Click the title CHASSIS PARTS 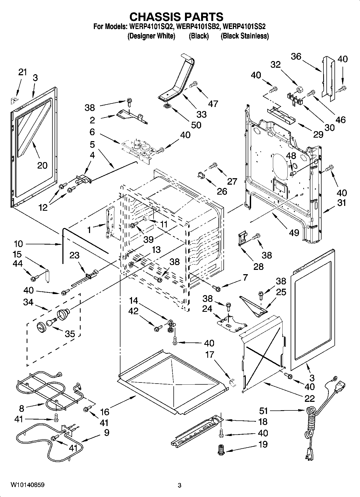176,17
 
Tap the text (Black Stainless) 244,36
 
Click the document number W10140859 28,485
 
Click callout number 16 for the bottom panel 105,412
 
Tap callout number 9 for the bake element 106,433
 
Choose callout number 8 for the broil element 22,409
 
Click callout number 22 310,398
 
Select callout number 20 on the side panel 42,165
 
